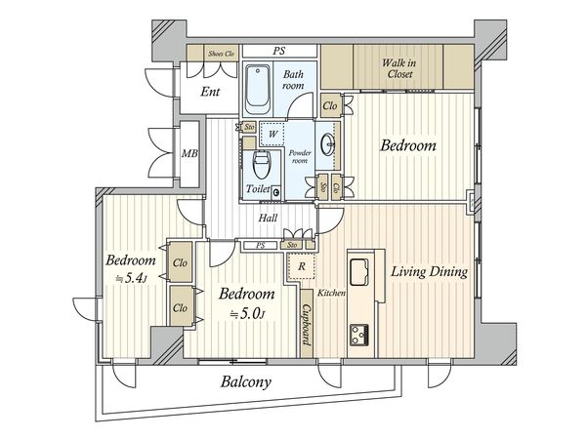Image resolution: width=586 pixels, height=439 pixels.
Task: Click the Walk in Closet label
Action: pyautogui.click(x=399, y=68)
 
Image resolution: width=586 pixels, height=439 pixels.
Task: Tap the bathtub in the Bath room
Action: pyautogui.click(x=258, y=90)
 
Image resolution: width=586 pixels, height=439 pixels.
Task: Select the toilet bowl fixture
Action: pyautogui.click(x=262, y=164)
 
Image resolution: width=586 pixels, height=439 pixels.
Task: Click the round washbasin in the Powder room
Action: pyautogui.click(x=330, y=144)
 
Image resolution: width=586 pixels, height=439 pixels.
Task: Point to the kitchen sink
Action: pyautogui.click(x=359, y=272)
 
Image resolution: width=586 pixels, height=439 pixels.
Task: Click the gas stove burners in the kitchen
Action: pyautogui.click(x=359, y=335)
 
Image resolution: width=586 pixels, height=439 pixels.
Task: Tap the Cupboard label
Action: pyautogui.click(x=307, y=325)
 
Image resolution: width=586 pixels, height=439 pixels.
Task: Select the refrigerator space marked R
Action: pyautogui.click(x=301, y=266)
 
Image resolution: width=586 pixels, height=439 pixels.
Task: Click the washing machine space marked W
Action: pyautogui.click(x=272, y=134)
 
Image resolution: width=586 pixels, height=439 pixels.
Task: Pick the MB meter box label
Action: pyautogui.click(x=189, y=153)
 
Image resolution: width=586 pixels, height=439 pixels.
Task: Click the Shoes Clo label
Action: pyautogui.click(x=221, y=54)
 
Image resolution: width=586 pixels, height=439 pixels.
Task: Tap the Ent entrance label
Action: pyautogui.click(x=210, y=92)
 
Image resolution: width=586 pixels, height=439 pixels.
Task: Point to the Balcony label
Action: pyautogui.click(x=246, y=381)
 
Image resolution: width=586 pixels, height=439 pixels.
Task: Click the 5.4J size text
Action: pyautogui.click(x=131, y=278)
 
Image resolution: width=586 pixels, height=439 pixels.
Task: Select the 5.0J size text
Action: pyautogui.click(x=247, y=314)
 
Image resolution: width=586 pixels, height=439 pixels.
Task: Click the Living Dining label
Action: pyautogui.click(x=429, y=272)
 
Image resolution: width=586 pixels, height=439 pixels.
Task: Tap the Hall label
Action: pyautogui.click(x=268, y=218)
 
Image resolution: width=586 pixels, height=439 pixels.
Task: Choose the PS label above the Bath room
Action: pyautogui.click(x=279, y=51)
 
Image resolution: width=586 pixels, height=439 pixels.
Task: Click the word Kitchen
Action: pyautogui.click(x=331, y=293)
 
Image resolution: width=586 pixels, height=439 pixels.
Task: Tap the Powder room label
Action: pyautogui.click(x=300, y=157)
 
